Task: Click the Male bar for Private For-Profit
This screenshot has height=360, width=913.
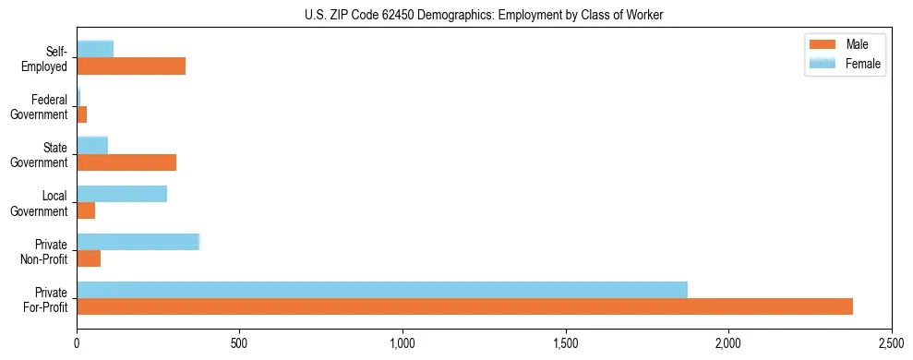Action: [464, 306]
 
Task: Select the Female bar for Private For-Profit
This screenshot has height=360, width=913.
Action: [382, 290]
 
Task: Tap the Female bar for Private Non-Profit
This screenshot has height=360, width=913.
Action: [138, 242]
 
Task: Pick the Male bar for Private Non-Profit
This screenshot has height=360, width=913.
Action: [89, 258]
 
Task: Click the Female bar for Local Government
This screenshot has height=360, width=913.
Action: [122, 194]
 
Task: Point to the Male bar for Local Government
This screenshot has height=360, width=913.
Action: [86, 210]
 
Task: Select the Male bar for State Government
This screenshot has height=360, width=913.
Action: [126, 162]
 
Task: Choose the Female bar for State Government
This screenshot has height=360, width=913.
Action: [92, 145]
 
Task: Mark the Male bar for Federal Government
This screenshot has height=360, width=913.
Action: [82, 114]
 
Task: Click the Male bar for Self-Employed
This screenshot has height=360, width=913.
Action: [131, 66]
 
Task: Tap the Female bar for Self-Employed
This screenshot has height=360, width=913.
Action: [95, 49]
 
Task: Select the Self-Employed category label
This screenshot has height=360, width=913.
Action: [51, 58]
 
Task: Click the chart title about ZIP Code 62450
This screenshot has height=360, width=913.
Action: [484, 16]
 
